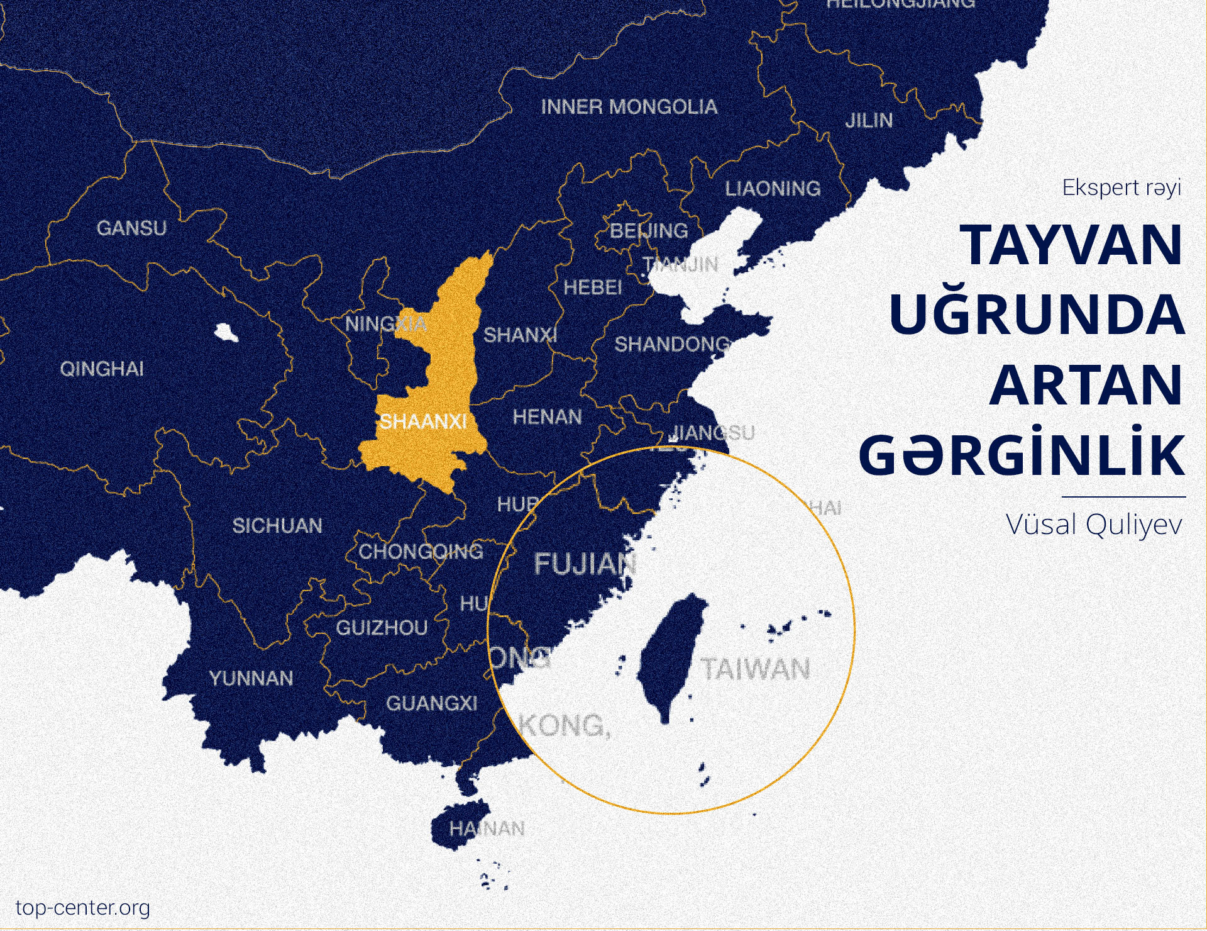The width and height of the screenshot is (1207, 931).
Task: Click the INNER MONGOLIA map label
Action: [x=629, y=107]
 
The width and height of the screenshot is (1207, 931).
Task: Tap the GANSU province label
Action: [x=132, y=228]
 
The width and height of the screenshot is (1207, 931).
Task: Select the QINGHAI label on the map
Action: [x=102, y=369]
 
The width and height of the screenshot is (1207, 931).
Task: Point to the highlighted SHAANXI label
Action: [x=423, y=421]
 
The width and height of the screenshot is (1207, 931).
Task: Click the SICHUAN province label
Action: [x=277, y=526]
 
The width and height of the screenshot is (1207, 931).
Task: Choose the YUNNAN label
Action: [x=251, y=678]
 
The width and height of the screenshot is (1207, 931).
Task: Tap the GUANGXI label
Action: [x=432, y=703]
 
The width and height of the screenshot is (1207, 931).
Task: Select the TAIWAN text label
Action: [x=756, y=669]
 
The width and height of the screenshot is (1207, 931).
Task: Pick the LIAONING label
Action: [x=773, y=189]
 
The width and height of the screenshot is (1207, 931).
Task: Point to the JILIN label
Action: [x=869, y=120]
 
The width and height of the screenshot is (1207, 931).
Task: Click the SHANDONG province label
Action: [x=672, y=345]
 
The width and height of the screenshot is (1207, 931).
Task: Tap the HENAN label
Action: [x=548, y=417]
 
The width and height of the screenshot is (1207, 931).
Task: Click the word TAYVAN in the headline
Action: [x=1071, y=245]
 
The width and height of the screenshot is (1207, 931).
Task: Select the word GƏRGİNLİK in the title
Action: [x=1022, y=455]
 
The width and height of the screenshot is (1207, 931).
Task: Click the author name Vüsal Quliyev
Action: [x=1094, y=525]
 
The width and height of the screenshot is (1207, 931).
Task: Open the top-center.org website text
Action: [x=83, y=908]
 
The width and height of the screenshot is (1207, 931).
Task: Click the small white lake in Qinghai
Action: [x=226, y=333]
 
